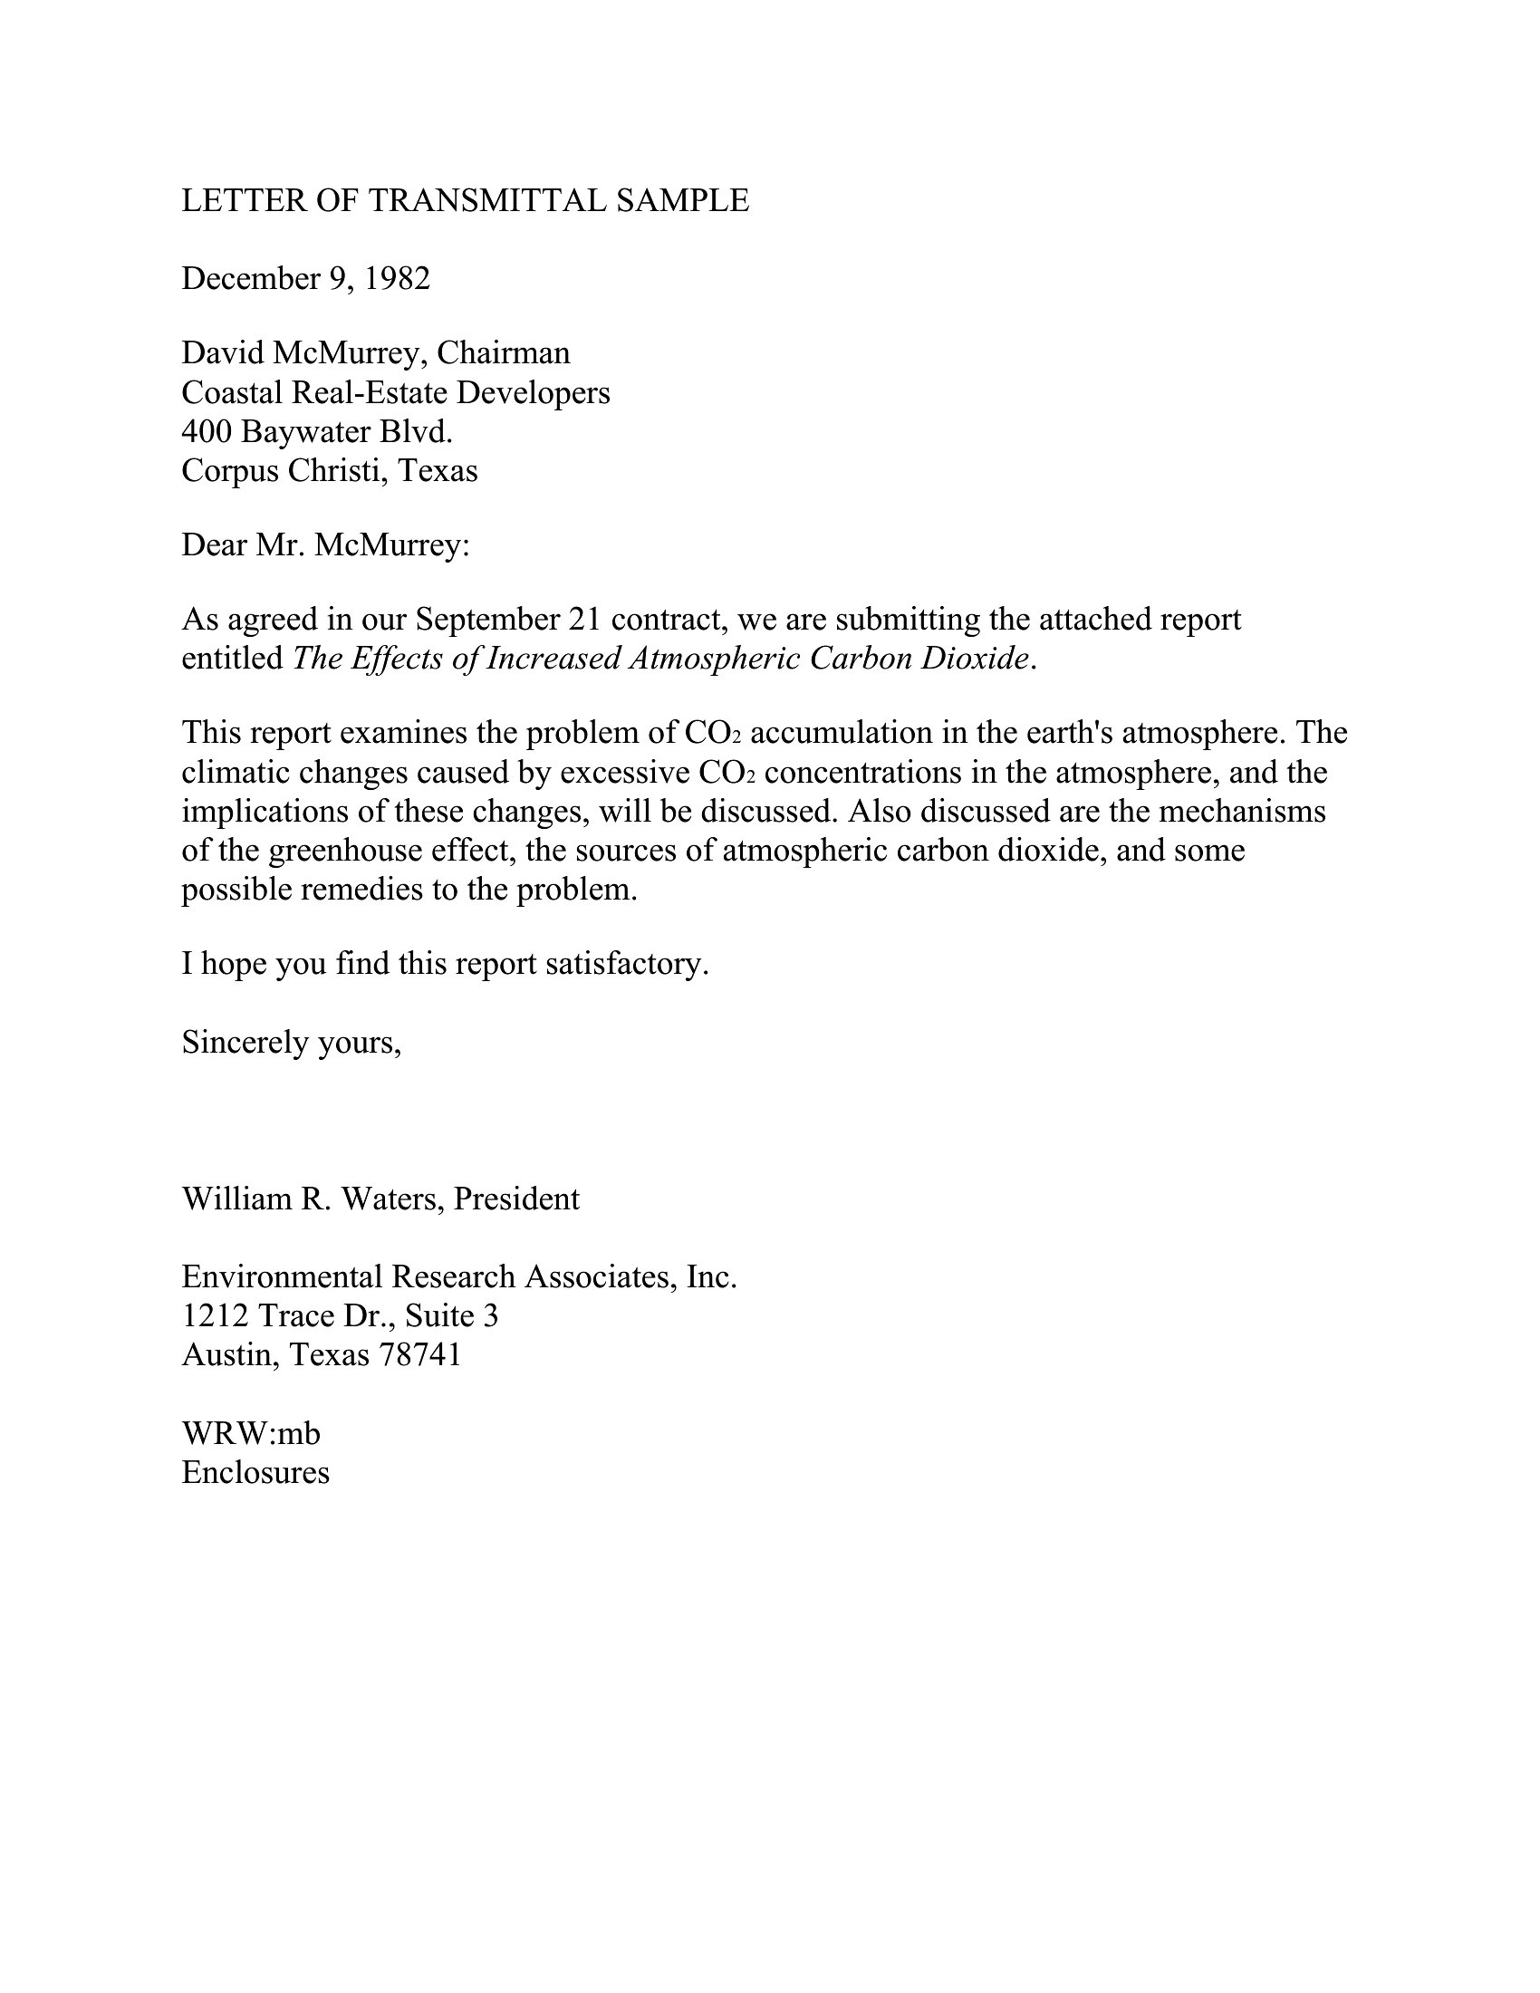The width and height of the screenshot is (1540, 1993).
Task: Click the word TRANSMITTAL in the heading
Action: pyautogui.click(x=486, y=201)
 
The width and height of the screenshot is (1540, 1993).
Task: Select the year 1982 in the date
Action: pyautogui.click(x=397, y=278)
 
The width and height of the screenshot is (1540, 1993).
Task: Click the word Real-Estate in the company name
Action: pyautogui.click(x=370, y=392)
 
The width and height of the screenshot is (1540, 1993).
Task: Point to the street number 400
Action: pyautogui.click(x=207, y=431)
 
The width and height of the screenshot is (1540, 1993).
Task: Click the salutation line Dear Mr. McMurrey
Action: pyautogui.click(x=326, y=545)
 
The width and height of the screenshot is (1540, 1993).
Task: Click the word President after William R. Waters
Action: pyautogui.click(x=516, y=1199)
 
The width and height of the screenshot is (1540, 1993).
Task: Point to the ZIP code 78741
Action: pyautogui.click(x=420, y=1355)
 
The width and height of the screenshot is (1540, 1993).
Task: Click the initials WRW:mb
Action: pyautogui.click(x=251, y=1434)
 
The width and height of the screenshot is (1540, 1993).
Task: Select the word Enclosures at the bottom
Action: pyautogui.click(x=255, y=1473)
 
